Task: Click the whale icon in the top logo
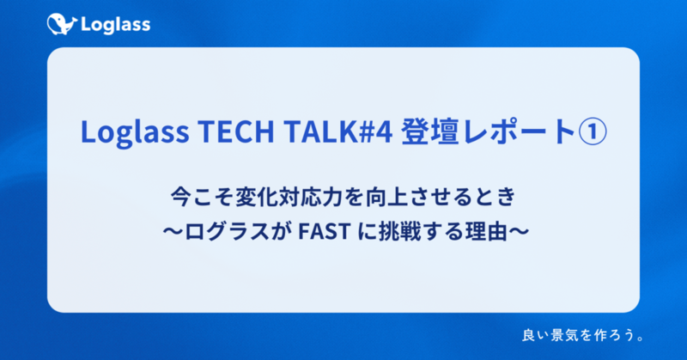(x=62, y=25)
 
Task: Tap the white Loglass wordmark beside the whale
(x=116, y=25)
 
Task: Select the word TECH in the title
(x=236, y=131)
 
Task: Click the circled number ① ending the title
(x=593, y=132)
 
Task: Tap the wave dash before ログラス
(x=173, y=231)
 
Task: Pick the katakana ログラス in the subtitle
(x=227, y=231)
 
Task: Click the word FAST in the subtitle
(x=324, y=231)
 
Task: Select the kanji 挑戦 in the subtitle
(x=399, y=231)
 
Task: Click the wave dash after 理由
(x=519, y=231)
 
